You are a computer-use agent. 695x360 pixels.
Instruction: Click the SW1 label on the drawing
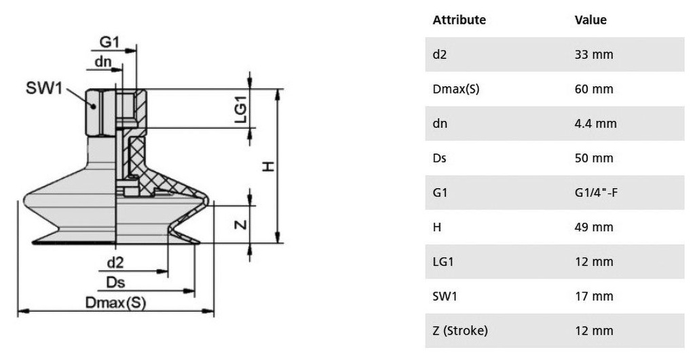[x=44, y=88]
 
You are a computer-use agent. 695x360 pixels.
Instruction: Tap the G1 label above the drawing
[x=109, y=42]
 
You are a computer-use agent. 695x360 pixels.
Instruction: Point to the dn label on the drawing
[x=103, y=62]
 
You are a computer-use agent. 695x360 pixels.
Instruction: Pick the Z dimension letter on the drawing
[x=240, y=225]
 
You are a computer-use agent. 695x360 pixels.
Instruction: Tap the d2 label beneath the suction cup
[x=115, y=262]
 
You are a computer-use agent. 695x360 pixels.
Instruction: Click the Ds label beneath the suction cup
[x=115, y=283]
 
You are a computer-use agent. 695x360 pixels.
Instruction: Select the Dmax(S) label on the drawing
[x=115, y=303]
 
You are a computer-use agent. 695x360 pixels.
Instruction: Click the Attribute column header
[x=459, y=20]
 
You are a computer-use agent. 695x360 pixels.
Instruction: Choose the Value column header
[x=590, y=20]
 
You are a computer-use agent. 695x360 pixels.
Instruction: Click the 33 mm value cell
[x=594, y=54]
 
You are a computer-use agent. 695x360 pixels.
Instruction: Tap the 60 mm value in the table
[x=594, y=89]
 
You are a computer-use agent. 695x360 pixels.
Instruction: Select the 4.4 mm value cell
[x=596, y=123]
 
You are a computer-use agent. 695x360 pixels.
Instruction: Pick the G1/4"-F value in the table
[x=596, y=192]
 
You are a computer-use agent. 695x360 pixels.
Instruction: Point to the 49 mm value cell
[x=594, y=227]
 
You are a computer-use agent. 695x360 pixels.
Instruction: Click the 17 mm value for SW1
[x=594, y=296]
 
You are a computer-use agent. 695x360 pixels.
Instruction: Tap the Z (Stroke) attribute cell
[x=460, y=331]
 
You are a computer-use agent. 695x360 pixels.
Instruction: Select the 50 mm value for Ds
[x=594, y=158]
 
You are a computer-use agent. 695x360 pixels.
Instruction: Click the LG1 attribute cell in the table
[x=443, y=262]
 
